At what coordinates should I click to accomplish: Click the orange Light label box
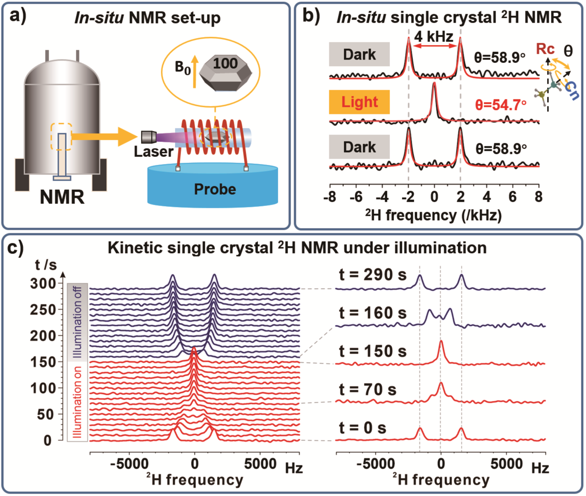point(359,102)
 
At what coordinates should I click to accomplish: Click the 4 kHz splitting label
point(434,36)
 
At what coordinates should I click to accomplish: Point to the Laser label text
point(153,152)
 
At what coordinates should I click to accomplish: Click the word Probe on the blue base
point(215,189)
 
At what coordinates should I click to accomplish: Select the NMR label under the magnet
point(62,197)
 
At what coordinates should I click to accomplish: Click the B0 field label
point(183,67)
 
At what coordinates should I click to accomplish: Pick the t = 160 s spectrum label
point(373,313)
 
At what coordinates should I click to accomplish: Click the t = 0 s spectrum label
point(362,428)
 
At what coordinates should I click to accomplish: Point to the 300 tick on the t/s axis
point(43,284)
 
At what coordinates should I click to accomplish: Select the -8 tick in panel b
point(330,197)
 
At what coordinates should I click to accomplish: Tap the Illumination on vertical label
point(77,402)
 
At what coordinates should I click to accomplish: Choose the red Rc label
point(545,49)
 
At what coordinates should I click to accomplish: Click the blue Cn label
point(572,91)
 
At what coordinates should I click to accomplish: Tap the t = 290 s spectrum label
point(373,274)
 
